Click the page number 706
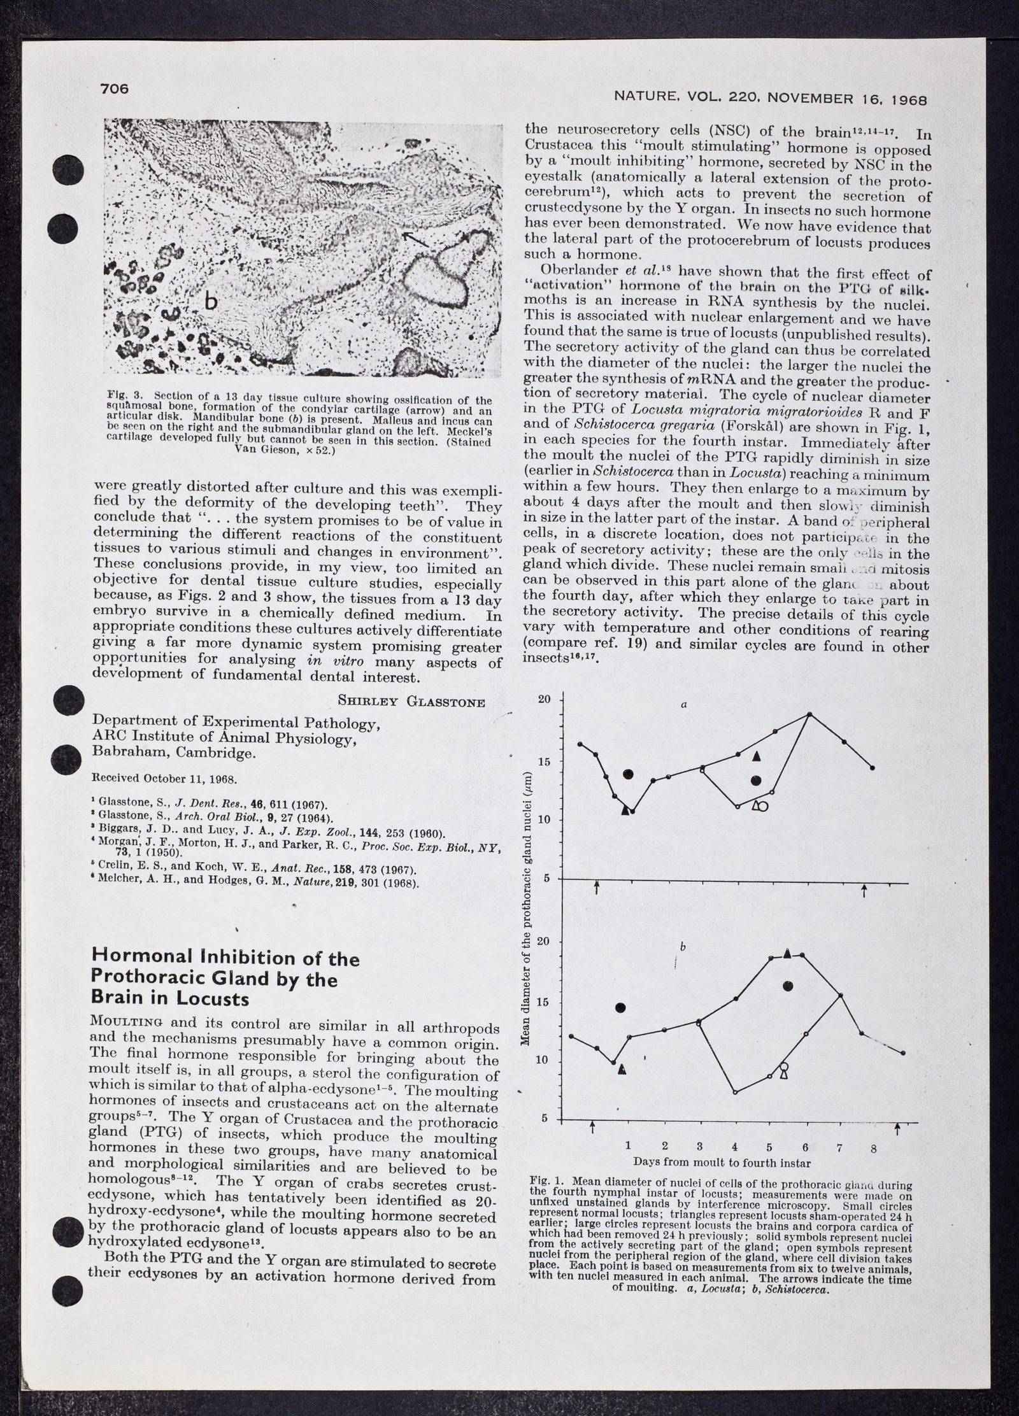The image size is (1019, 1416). tap(115, 88)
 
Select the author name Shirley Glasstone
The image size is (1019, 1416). tap(411, 702)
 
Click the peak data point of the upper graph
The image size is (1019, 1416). tap(809, 714)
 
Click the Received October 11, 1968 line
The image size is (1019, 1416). tap(155, 779)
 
